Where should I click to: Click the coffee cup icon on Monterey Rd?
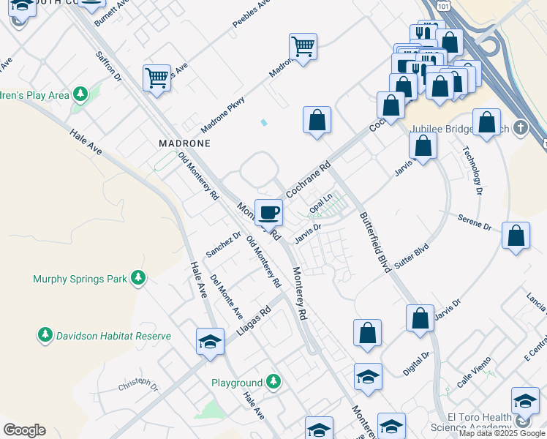tap(268, 211)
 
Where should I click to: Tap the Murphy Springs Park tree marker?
tap(137, 278)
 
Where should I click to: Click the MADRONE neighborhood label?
tap(184, 143)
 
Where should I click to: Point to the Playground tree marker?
tap(273, 382)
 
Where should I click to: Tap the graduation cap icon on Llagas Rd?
tap(210, 342)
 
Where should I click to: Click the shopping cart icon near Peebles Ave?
tap(303, 46)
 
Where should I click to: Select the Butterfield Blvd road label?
tap(374, 242)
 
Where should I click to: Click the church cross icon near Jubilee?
tap(520, 127)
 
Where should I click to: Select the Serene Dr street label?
tap(475, 222)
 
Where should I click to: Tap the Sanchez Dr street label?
tap(223, 244)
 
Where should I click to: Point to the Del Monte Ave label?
tap(226, 296)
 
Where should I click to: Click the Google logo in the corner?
tap(24, 430)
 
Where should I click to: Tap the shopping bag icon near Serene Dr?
tap(516, 236)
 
